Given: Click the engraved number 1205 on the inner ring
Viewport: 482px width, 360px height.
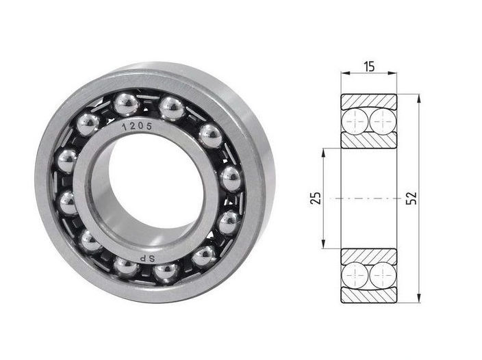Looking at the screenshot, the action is click(137, 126).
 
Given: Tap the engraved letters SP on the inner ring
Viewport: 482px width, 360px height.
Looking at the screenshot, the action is click(147, 259).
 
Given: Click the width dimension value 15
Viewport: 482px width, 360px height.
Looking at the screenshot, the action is click(369, 66).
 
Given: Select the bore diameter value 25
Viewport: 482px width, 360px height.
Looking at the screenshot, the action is click(316, 198).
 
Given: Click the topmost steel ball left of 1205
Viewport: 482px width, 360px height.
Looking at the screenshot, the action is click(127, 105).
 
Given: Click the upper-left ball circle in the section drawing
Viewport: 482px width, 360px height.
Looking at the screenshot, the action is click(355, 121).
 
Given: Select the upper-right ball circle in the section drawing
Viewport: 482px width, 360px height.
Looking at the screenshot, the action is click(383, 121).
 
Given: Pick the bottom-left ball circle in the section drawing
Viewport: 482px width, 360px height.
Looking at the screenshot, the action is click(355, 275).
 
